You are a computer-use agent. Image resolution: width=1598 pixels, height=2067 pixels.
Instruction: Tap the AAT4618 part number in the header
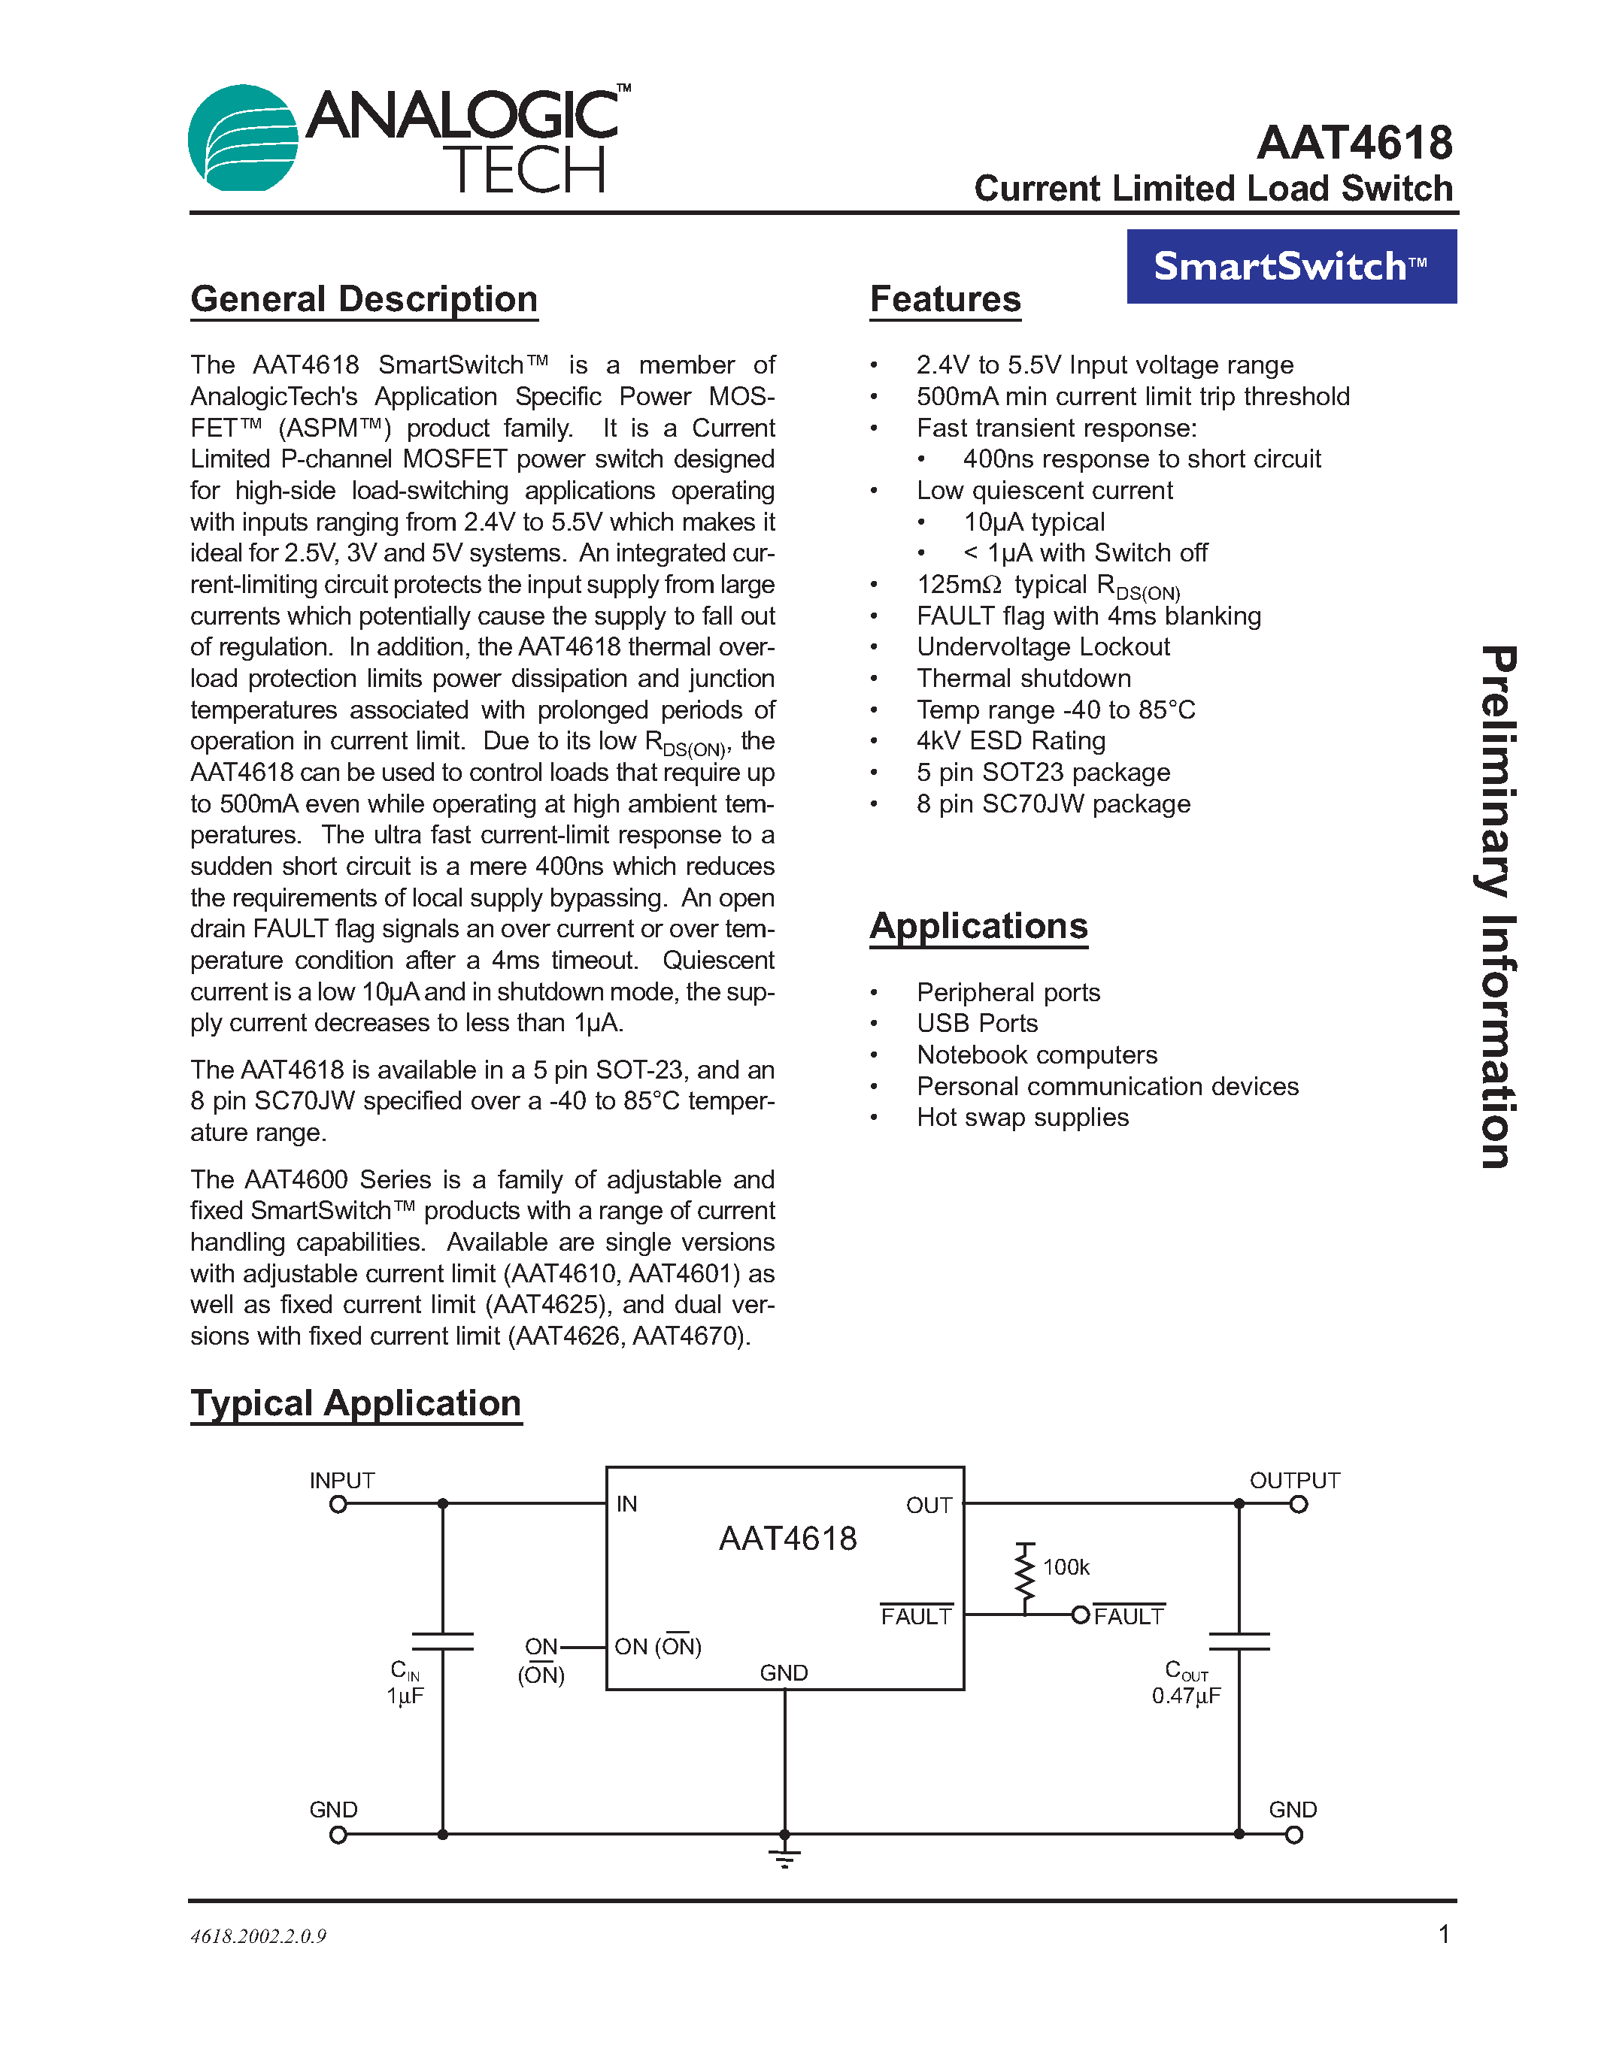pos(1354,144)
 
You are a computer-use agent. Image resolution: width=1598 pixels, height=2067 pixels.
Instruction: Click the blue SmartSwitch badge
pos(1291,267)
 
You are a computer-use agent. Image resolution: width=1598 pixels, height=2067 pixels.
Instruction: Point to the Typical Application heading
pos(355,1403)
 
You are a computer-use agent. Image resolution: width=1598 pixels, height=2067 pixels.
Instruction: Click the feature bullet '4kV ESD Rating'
pos(1010,741)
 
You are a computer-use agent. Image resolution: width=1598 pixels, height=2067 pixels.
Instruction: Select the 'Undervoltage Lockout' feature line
pos(1042,647)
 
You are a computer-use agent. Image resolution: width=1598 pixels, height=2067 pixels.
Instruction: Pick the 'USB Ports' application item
pos(977,1023)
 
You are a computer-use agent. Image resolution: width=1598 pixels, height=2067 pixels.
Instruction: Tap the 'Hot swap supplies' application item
pos(1023,1118)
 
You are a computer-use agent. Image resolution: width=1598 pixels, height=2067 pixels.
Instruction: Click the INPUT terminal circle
pos(338,1505)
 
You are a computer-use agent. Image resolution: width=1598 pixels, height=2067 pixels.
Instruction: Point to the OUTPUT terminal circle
pos(1298,1505)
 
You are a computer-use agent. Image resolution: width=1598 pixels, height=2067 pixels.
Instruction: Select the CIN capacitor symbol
pos(442,1641)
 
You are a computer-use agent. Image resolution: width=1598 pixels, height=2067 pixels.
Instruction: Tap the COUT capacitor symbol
pos(1239,1641)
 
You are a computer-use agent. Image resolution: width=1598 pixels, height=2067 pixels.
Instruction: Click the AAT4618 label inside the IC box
pos(787,1539)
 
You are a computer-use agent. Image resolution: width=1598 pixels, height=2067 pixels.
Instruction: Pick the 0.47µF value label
pos(1186,1696)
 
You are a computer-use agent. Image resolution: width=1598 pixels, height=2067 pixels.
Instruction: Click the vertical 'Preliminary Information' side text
pos(1498,906)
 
